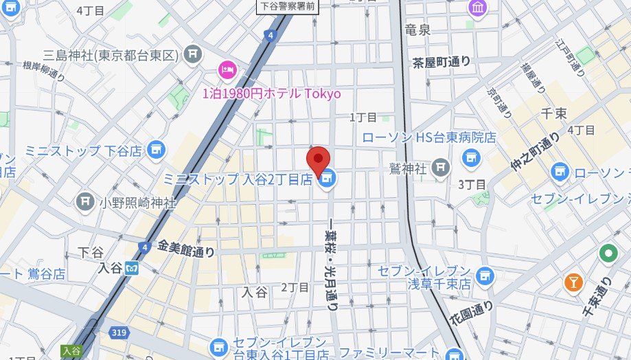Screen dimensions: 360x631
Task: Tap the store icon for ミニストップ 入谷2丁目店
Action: click(328, 179)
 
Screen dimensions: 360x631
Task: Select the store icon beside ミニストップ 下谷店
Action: click(157, 149)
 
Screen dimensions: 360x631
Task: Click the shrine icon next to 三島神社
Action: click(194, 54)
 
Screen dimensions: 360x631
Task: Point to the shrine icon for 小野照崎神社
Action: click(86, 202)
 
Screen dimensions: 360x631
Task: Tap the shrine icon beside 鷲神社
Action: click(441, 166)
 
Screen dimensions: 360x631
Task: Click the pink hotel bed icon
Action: click(227, 69)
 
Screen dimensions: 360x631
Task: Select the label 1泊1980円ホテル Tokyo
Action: click(271, 93)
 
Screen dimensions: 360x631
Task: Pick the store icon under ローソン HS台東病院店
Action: click(470, 159)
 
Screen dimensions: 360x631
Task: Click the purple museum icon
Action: click(477, 8)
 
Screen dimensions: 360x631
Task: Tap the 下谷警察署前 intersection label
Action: click(287, 6)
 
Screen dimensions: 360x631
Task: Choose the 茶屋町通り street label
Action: click(441, 62)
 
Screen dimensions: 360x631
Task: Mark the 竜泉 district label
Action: click(417, 30)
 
